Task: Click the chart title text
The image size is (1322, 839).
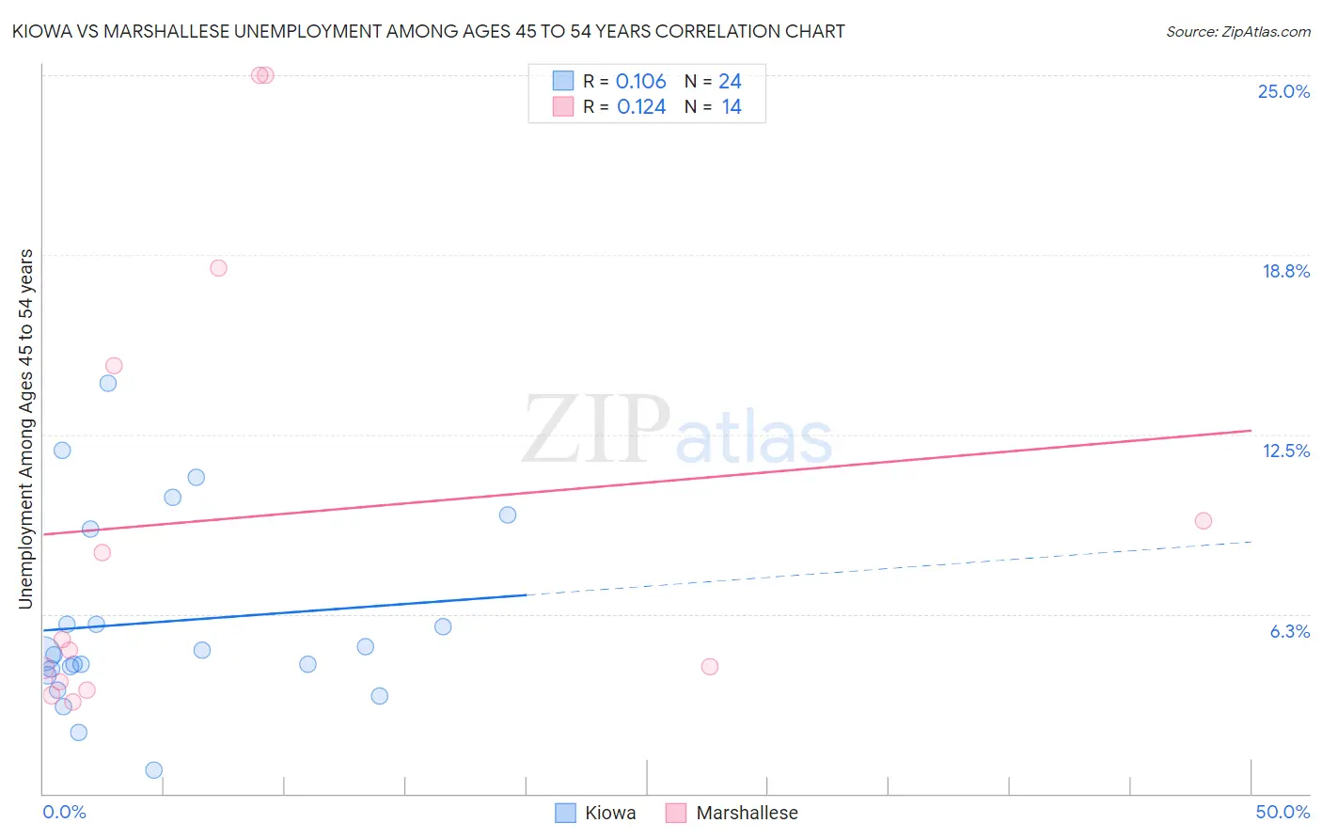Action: point(428,31)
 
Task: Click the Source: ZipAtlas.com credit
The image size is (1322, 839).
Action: point(1237,31)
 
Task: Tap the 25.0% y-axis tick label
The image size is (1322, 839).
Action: point(1283,91)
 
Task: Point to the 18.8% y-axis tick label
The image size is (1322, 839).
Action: point(1284,271)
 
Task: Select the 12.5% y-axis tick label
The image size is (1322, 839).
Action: point(1284,451)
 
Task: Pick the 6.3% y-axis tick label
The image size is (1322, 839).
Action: point(1289,631)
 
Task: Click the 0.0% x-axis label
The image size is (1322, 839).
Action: point(64,812)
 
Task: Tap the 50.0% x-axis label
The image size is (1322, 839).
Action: point(1282,812)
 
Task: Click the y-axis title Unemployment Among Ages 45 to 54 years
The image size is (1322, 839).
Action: point(25,428)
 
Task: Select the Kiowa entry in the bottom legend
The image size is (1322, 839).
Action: point(609,813)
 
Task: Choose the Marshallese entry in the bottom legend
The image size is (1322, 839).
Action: point(746,813)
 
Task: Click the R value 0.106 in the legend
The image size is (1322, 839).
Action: point(640,82)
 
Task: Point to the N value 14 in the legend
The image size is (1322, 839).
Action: point(732,107)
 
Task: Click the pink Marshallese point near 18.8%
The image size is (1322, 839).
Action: point(218,268)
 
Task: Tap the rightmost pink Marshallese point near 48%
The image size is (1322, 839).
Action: point(1203,521)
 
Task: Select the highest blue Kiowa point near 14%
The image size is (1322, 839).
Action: point(108,383)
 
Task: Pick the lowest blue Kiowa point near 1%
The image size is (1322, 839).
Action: point(154,770)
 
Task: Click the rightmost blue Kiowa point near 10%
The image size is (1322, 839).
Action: point(508,514)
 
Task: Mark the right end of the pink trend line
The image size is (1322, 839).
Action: point(1251,430)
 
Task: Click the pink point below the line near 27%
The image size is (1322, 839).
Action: point(710,667)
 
